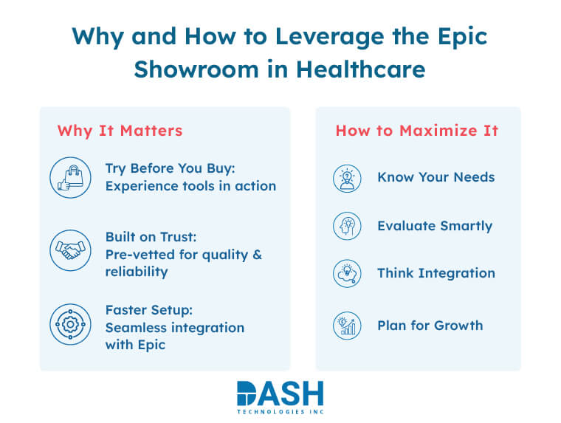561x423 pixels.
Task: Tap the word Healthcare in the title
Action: [x=361, y=69]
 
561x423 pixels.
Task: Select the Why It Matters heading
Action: [x=120, y=131]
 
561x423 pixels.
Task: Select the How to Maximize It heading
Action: [x=417, y=131]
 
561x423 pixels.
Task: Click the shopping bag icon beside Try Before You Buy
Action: [x=70, y=178]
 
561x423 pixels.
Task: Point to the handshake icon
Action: [x=70, y=250]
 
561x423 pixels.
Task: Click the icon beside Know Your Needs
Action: [x=346, y=178]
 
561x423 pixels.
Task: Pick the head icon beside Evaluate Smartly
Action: [x=346, y=226]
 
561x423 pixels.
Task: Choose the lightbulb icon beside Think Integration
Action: [x=346, y=274]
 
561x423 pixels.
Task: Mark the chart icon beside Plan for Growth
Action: [x=346, y=326]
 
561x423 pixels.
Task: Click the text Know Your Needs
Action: [x=436, y=177]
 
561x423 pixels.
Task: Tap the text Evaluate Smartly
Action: [x=435, y=226]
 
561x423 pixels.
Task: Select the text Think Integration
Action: [x=436, y=273]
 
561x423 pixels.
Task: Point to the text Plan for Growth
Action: [x=430, y=325]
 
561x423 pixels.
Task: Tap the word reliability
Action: [x=137, y=271]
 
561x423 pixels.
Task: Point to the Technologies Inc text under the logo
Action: [x=280, y=412]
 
